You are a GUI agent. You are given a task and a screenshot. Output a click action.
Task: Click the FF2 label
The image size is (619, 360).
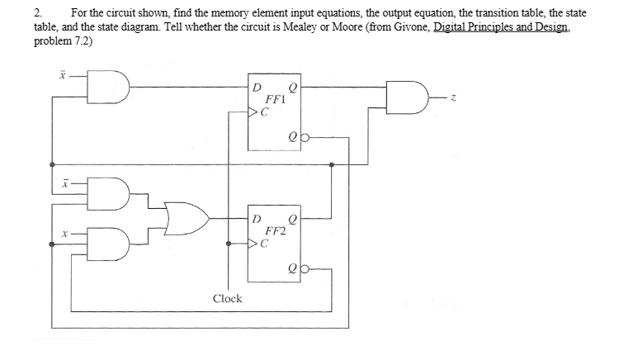[274, 232]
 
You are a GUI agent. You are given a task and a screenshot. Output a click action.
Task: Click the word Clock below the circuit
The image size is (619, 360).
[227, 299]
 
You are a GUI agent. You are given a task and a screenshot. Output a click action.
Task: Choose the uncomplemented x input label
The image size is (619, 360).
[61, 236]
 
